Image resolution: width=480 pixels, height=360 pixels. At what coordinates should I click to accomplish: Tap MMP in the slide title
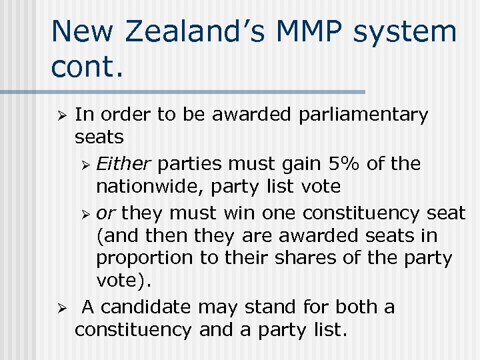(x=307, y=33)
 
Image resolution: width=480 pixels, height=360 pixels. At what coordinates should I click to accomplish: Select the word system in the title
(x=407, y=33)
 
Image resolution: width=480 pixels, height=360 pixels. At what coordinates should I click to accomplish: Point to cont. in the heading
(x=87, y=67)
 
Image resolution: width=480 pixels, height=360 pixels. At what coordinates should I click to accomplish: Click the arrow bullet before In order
(x=59, y=115)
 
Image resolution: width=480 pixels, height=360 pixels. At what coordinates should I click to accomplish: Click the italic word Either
(x=125, y=163)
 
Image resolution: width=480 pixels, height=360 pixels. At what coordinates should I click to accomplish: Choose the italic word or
(x=105, y=213)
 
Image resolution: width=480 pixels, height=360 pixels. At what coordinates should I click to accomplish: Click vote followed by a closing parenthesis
(x=124, y=281)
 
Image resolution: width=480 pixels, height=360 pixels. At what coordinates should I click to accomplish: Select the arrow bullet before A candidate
(x=59, y=308)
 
